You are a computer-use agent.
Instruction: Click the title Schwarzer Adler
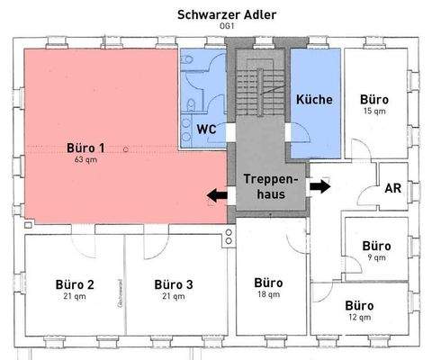tap(216, 15)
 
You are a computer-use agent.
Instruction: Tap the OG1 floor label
tap(216, 28)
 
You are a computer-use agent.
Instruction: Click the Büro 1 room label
tap(86, 148)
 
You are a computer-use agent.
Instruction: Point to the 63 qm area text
tap(86, 159)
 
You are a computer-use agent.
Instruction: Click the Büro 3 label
tap(173, 283)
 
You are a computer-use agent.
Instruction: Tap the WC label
tap(207, 128)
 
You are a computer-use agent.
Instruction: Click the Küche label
tap(314, 99)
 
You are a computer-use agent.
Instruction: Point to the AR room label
tap(392, 189)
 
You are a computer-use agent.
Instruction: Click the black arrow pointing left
tap(217, 194)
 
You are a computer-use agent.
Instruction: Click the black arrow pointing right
tap(319, 186)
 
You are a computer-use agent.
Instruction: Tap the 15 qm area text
tap(373, 112)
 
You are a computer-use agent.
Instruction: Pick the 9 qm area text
tap(375, 257)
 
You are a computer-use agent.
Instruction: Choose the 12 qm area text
tap(359, 318)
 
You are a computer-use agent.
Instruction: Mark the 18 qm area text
tap(268, 295)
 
